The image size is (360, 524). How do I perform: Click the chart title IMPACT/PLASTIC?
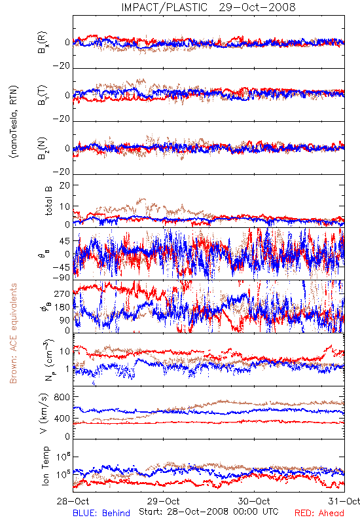(164, 7)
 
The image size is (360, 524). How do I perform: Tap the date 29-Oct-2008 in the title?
(257, 7)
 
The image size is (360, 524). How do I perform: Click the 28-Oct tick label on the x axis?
(73, 501)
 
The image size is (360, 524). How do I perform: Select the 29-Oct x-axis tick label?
(164, 501)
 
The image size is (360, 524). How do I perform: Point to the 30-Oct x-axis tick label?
(254, 501)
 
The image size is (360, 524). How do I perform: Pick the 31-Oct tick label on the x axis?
(344, 501)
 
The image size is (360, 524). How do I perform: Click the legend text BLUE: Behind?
(101, 513)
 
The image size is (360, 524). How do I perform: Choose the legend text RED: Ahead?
(319, 513)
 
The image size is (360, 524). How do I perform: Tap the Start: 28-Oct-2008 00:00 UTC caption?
(209, 512)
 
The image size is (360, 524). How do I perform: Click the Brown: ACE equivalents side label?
(13, 333)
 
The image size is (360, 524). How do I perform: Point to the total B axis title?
(48, 201)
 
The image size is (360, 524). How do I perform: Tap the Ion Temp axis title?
(45, 466)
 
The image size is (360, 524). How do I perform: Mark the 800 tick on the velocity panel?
(62, 397)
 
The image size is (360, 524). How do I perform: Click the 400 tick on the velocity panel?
(62, 419)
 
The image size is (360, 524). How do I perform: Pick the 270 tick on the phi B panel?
(62, 294)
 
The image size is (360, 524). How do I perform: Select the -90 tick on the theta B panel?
(61, 278)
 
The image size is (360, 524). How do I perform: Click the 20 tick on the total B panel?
(65, 185)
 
